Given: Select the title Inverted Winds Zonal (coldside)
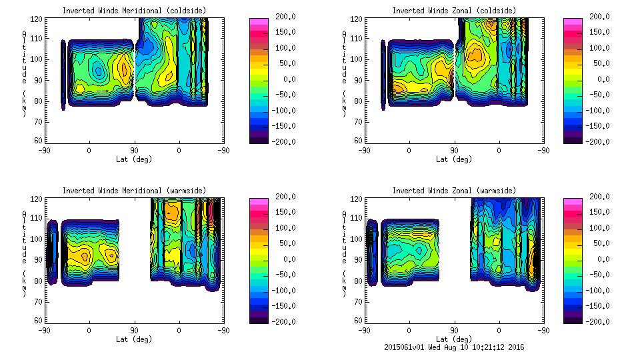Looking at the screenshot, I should (454, 11).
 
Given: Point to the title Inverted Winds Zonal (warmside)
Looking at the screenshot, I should (454, 191).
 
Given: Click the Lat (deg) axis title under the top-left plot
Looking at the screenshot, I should (134, 159).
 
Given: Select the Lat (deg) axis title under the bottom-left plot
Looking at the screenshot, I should (134, 339).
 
